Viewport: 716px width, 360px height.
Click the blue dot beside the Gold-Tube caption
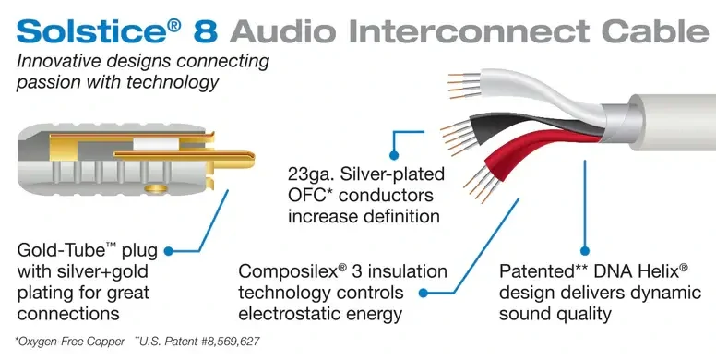click(195, 249)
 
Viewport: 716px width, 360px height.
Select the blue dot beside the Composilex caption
click(424, 293)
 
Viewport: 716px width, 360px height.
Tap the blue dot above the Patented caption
click(584, 249)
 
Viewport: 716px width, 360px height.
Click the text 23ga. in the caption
click(314, 173)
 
